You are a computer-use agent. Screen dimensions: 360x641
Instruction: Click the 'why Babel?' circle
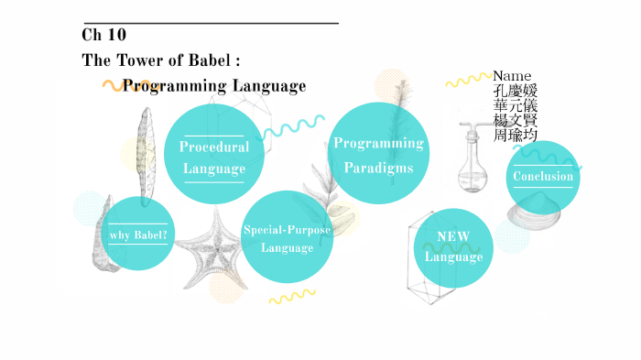(136, 235)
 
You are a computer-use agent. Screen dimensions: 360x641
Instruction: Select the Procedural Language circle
(214, 157)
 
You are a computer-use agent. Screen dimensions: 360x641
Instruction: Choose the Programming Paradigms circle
(378, 154)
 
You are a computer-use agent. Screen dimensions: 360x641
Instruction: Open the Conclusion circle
(542, 176)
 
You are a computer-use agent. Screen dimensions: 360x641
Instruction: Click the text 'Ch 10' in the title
(103, 35)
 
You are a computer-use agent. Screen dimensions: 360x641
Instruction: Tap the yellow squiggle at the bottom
(292, 296)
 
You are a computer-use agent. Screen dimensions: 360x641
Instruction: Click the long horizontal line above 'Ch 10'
(210, 22)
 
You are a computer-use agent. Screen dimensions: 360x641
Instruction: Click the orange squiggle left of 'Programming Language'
(114, 86)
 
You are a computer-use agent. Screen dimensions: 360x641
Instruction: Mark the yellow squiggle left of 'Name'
(469, 81)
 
